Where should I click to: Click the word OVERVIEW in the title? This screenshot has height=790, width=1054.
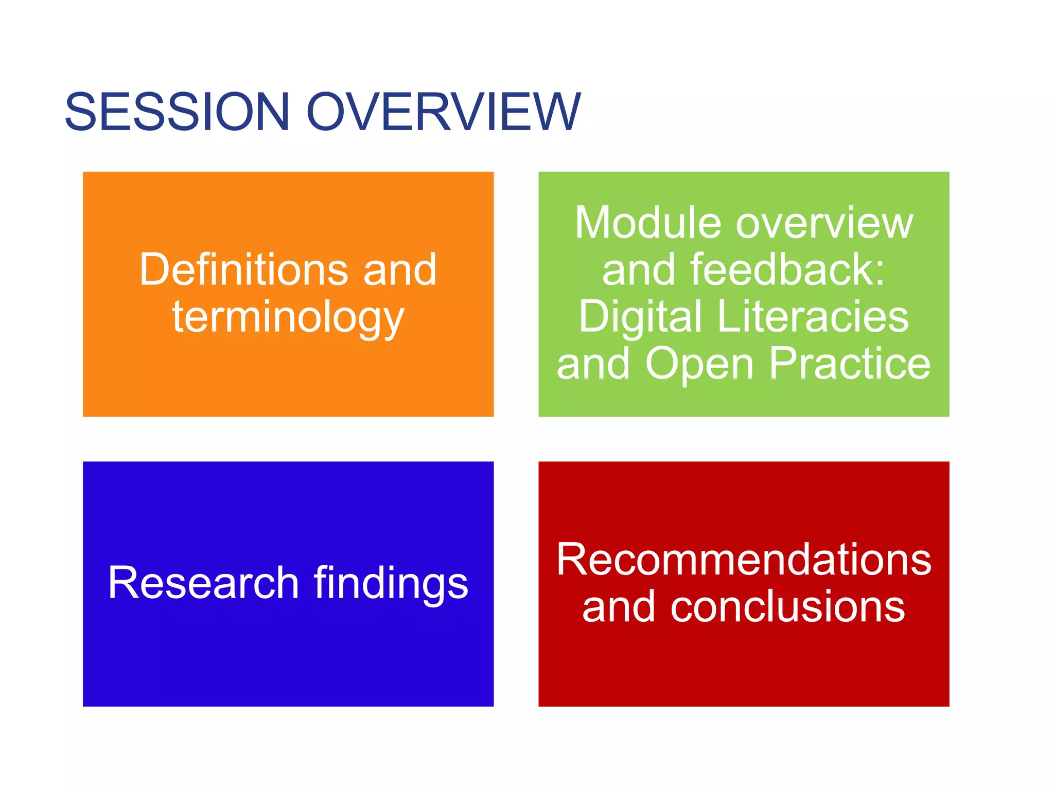(444, 112)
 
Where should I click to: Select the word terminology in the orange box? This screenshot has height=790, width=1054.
(288, 318)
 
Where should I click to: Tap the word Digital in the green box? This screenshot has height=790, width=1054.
(640, 317)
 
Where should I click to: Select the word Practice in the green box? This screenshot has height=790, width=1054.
(850, 364)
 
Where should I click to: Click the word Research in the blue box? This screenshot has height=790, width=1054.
(204, 583)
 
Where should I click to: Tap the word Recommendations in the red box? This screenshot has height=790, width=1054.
(744, 560)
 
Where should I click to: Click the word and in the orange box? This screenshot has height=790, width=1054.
(400, 271)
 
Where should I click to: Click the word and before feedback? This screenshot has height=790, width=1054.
(638, 271)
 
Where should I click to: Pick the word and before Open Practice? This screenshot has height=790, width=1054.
(593, 364)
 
